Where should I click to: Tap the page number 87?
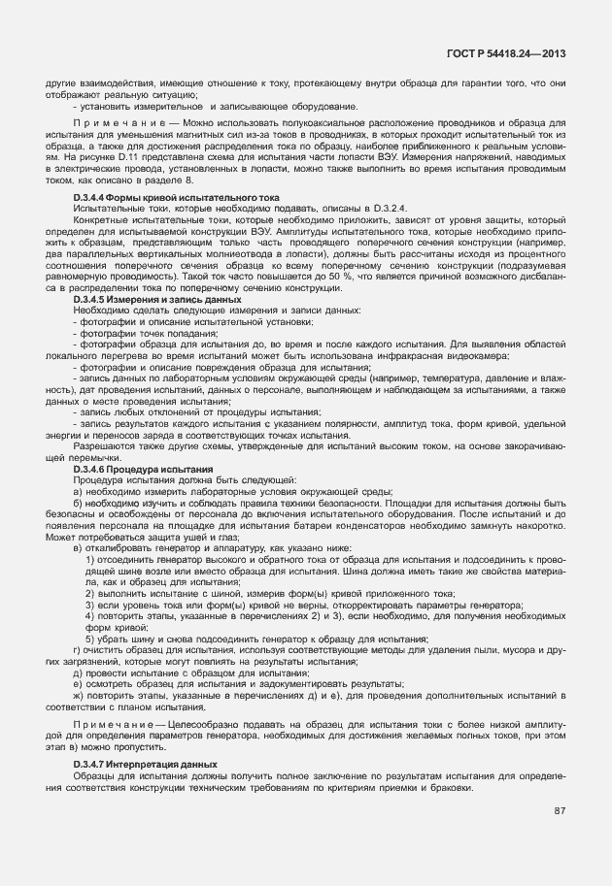pos(560,809)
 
